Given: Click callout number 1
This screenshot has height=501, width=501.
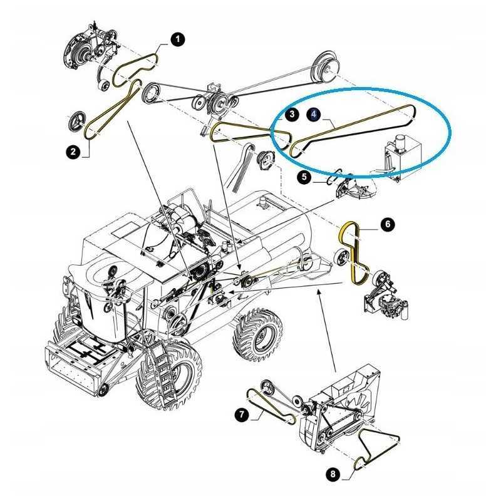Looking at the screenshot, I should coord(178,40).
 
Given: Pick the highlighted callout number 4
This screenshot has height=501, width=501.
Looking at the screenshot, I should coord(314,115).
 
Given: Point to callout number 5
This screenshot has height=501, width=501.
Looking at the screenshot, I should coord(304,177).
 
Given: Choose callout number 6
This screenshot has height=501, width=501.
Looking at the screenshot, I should coord(388,224).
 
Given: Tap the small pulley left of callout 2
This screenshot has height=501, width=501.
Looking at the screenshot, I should coord(78,121).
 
